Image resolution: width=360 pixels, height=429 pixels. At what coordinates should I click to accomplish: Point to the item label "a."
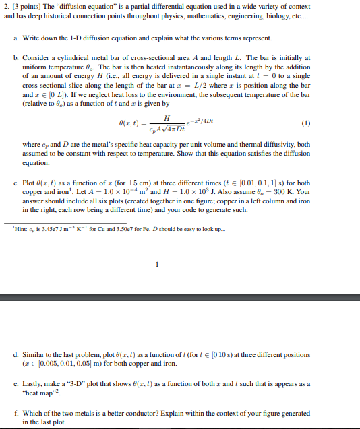pyautogui.click(x=16, y=38)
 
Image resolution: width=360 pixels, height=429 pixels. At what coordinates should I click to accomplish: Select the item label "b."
pyautogui.click(x=16, y=58)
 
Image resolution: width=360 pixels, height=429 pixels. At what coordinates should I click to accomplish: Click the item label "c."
pyautogui.click(x=16, y=183)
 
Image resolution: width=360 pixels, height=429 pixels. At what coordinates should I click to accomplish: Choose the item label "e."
pyautogui.click(x=16, y=383)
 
